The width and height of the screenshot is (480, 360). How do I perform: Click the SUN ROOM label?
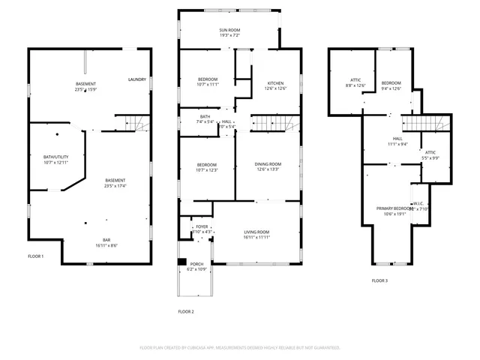[229, 29]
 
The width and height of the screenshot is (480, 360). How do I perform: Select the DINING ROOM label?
[268, 164]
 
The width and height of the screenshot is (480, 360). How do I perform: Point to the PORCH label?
[197, 263]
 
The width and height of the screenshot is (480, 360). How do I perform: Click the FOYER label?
[201, 226]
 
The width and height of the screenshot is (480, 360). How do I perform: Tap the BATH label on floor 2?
[204, 117]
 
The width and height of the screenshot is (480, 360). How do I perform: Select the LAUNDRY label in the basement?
[136, 79]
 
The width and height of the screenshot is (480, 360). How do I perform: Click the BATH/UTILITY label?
[55, 157]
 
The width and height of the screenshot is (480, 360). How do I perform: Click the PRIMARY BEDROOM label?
[394, 208]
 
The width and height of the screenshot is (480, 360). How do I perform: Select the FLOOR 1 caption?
[35, 256]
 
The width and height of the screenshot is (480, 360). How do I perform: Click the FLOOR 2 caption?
[185, 311]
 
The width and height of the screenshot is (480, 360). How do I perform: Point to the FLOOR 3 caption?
[379, 280]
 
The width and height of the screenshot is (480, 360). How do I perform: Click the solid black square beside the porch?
[181, 262]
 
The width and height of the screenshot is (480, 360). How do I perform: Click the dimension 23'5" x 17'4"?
[115, 186]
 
